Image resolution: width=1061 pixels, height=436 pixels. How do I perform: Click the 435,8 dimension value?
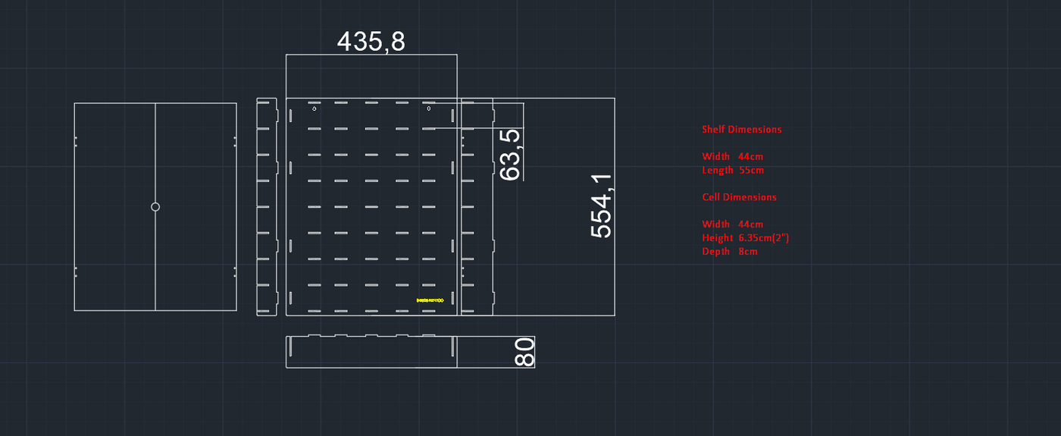(x=371, y=41)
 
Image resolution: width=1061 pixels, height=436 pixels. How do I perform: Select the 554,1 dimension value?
(x=602, y=205)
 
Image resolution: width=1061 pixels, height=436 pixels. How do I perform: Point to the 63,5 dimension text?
(x=511, y=154)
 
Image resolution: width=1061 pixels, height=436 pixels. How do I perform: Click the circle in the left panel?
(x=155, y=206)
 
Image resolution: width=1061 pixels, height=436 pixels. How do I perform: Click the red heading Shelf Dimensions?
(x=741, y=130)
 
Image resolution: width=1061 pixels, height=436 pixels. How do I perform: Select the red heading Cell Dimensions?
(x=739, y=197)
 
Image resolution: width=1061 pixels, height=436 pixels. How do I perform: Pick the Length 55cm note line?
(x=732, y=170)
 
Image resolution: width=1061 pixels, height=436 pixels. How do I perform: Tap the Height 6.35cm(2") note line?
(x=745, y=238)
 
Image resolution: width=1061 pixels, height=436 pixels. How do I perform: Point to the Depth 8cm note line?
(x=729, y=252)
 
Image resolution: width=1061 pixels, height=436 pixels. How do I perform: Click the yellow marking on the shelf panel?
(x=430, y=301)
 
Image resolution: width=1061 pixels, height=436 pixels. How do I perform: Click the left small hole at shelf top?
(x=315, y=108)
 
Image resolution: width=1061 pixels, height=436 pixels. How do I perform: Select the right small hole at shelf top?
(x=429, y=108)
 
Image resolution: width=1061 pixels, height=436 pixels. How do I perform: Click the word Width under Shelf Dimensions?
(x=715, y=157)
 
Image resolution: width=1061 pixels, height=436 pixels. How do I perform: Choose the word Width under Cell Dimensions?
(x=715, y=224)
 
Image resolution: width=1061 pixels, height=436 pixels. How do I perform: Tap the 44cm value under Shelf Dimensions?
(x=750, y=157)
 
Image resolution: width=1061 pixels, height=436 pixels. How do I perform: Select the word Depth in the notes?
(x=715, y=252)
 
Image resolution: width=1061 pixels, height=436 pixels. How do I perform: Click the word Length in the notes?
(x=717, y=170)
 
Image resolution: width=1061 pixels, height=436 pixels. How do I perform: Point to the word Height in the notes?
(x=716, y=238)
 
